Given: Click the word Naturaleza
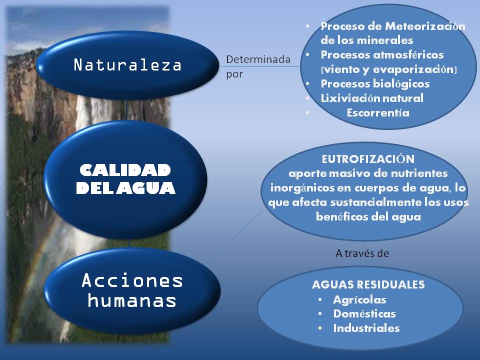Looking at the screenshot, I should click(127, 65).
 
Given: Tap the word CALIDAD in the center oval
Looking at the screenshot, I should click(125, 170).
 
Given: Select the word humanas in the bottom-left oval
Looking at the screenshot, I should click(132, 300).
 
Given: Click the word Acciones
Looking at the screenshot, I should click(132, 280).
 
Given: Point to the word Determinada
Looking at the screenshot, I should click(258, 59).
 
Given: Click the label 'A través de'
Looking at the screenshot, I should click(362, 253).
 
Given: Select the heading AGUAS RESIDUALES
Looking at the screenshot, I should click(368, 284).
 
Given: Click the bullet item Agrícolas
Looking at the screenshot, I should click(359, 299).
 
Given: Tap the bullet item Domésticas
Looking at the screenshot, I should click(364, 314).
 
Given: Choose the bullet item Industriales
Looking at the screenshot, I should click(366, 328).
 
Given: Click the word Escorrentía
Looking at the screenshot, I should click(377, 113).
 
